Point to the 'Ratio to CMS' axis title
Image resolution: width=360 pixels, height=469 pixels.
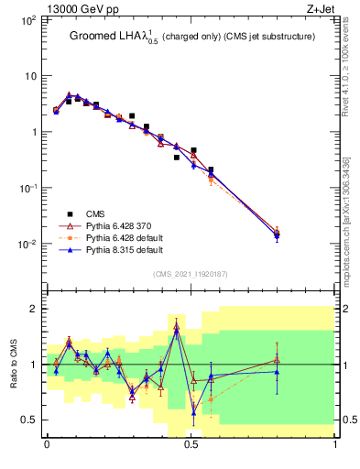(14, 365)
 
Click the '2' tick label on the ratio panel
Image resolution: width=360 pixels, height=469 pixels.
(34, 309)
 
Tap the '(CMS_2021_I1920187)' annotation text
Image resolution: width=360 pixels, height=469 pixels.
(191, 274)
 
